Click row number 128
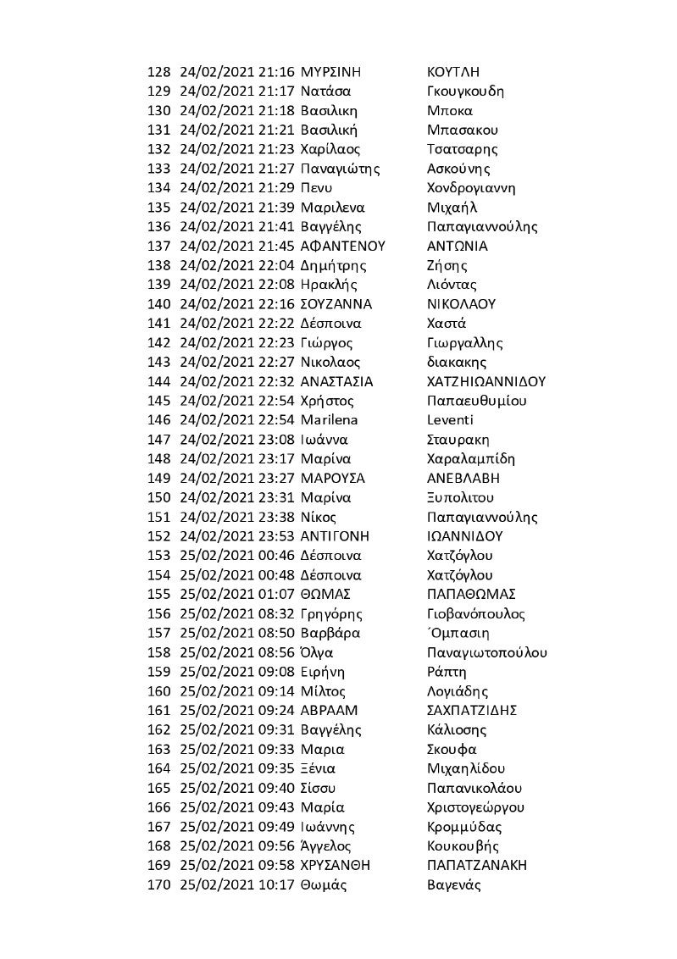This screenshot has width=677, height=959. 159,72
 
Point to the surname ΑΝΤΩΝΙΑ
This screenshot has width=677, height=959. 458,246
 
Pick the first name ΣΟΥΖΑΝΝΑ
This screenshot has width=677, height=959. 336,304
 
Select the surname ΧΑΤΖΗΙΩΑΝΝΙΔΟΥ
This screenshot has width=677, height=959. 487,381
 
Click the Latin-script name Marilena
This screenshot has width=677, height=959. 330,420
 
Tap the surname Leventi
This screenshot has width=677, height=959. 451,420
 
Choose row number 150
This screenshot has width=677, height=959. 159,497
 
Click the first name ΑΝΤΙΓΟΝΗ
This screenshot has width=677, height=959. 335,536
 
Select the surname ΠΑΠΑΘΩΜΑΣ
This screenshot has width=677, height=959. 472,594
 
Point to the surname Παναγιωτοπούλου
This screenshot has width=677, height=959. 487,652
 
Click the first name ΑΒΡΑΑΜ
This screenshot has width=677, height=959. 330,710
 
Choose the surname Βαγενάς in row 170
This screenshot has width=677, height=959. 454,884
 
